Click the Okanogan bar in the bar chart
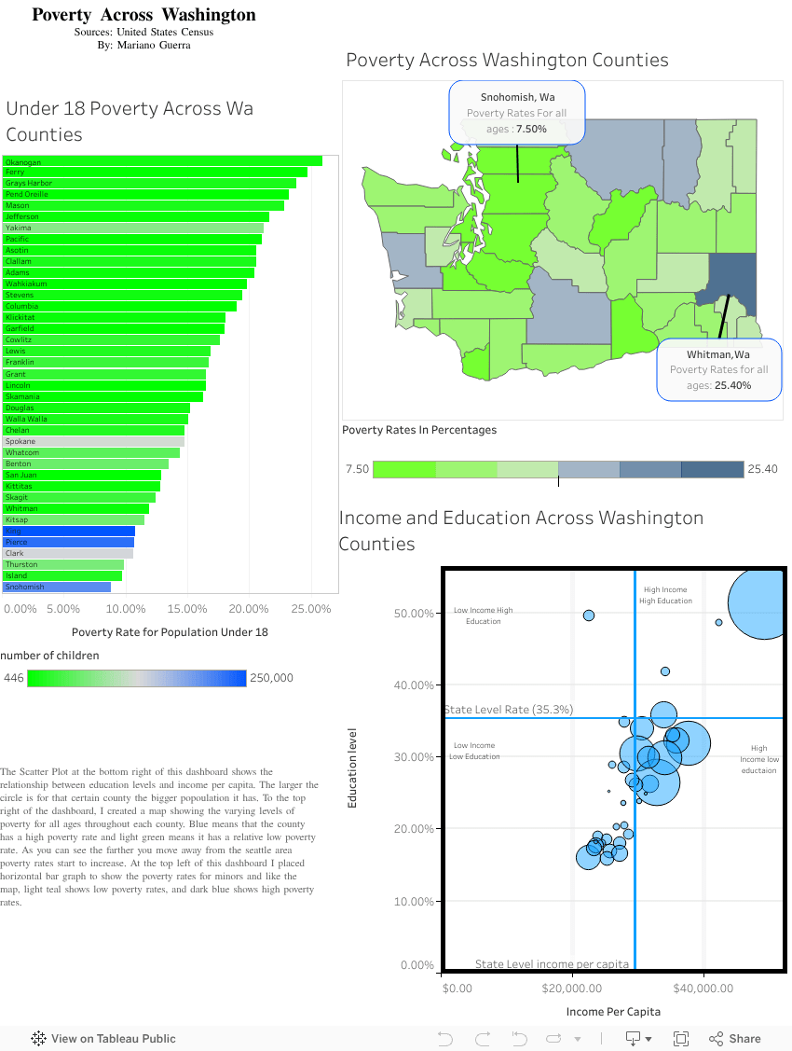(x=163, y=161)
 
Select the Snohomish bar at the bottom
(x=57, y=587)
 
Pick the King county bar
(x=69, y=531)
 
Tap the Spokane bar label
(x=20, y=441)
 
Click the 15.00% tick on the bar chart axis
(x=187, y=609)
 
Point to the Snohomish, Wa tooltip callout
(x=517, y=112)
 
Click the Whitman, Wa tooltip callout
(x=718, y=369)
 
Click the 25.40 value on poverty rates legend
(x=762, y=469)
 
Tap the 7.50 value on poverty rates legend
(x=357, y=469)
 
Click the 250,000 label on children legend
(x=271, y=678)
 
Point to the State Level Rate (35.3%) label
(x=509, y=710)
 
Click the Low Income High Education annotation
(x=483, y=615)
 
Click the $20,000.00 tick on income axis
(x=571, y=988)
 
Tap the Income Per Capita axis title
(x=613, y=1012)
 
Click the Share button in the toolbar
(x=735, y=1039)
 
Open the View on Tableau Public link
(x=103, y=1039)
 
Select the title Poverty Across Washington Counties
(x=507, y=61)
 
